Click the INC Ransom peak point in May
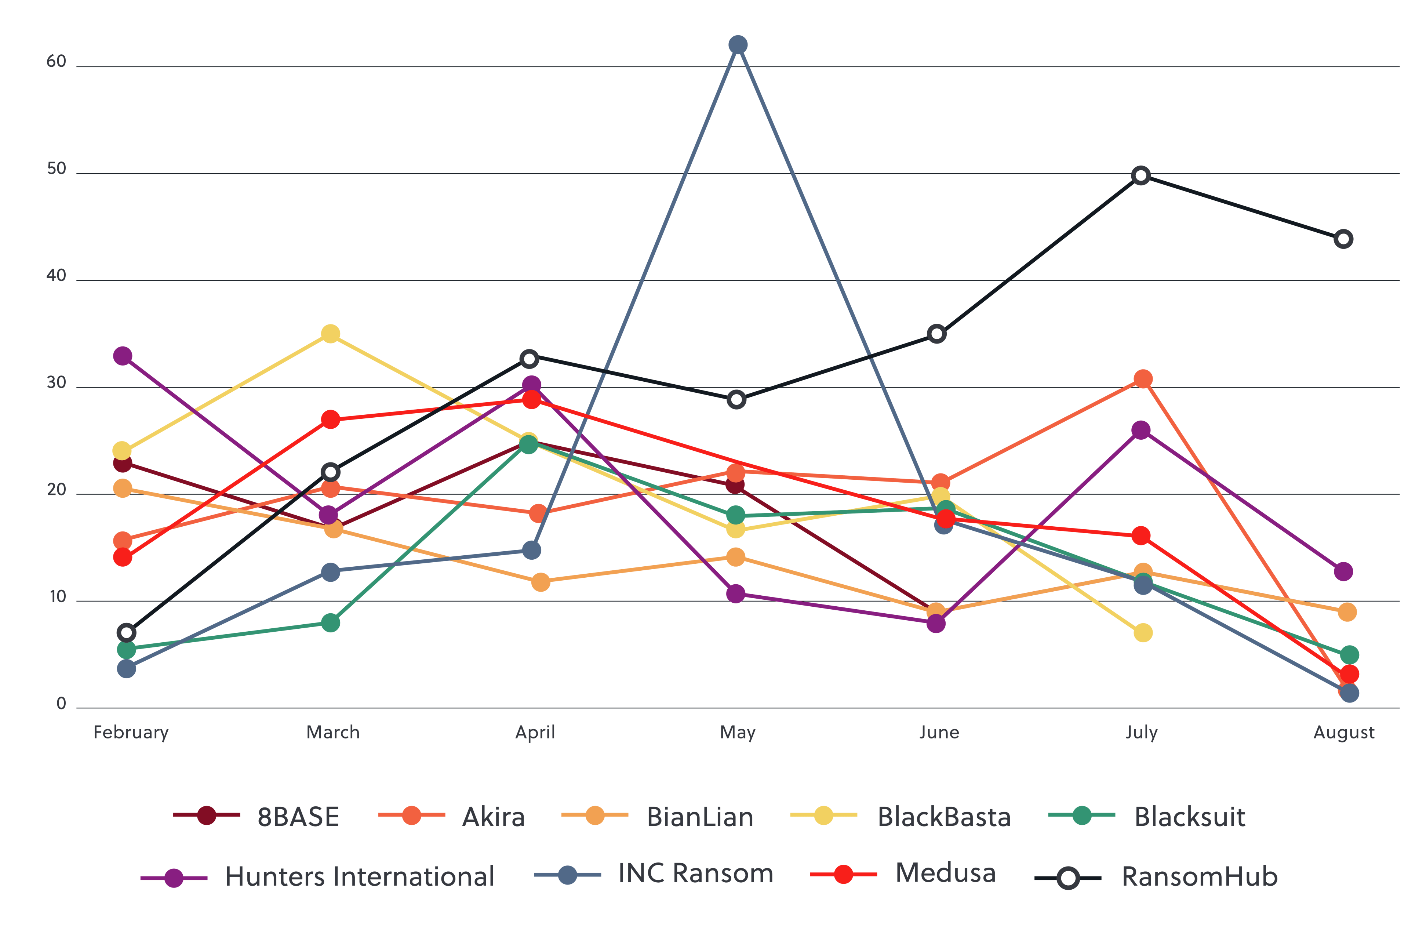click(x=738, y=45)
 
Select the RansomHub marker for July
click(x=1140, y=175)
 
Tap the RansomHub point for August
click(x=1343, y=239)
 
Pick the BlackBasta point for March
click(x=330, y=334)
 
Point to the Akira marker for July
click(x=1142, y=379)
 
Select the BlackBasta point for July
click(x=1142, y=633)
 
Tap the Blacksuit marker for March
click(x=330, y=623)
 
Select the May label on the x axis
click(x=738, y=732)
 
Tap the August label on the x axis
click(x=1344, y=732)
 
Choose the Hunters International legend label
click(x=360, y=876)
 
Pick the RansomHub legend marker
click(x=1068, y=878)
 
